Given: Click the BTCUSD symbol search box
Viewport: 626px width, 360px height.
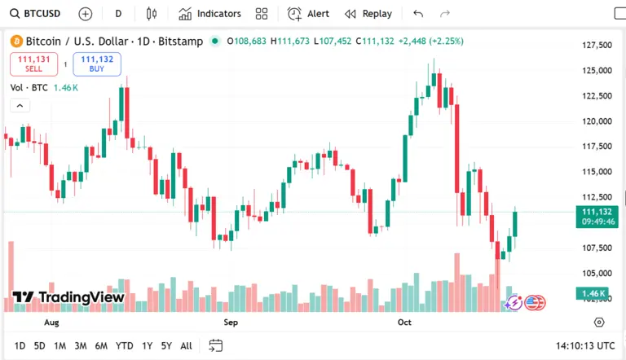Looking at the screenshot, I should (x=36, y=14).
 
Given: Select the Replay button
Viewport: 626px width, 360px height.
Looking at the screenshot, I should (x=368, y=14).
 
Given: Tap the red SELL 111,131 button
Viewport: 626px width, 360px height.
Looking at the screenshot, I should (x=33, y=64).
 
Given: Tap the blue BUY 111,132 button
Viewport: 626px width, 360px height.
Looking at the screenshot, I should (x=96, y=64).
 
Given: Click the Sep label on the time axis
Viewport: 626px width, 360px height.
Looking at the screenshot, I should (x=231, y=323).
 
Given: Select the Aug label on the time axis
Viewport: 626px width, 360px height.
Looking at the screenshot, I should (x=51, y=323).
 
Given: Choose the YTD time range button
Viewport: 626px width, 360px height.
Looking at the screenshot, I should (x=124, y=345).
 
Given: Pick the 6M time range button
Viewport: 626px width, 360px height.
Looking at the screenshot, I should (x=101, y=345).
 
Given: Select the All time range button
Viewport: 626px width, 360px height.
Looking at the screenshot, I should (x=186, y=345).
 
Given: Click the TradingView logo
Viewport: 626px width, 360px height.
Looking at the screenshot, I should (x=68, y=297).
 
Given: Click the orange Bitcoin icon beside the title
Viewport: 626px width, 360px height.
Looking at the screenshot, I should (x=16, y=41).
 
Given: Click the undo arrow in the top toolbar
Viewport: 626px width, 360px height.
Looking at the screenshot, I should (x=418, y=14).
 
